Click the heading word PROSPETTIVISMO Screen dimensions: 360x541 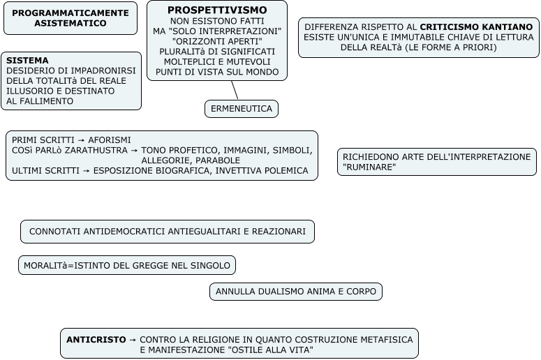[x=217, y=10]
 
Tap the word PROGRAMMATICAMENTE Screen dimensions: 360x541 [x=71, y=13]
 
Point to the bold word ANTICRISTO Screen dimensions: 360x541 [x=96, y=339]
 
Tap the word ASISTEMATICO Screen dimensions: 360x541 [x=71, y=24]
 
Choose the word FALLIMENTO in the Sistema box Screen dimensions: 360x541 [x=41, y=101]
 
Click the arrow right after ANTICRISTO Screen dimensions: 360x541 [x=133, y=339]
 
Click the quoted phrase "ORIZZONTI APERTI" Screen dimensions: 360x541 [x=217, y=41]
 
